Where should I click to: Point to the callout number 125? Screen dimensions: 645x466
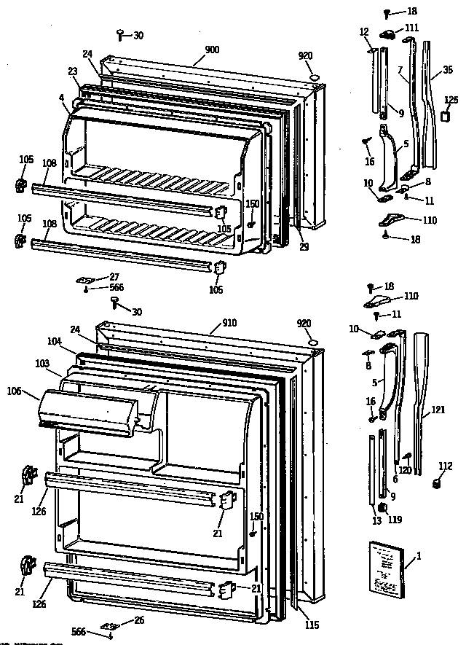pos(451,99)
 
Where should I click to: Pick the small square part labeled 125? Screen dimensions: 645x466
pos(446,117)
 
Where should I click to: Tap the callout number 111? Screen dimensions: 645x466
pos(412,28)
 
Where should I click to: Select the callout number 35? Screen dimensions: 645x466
pos(447,71)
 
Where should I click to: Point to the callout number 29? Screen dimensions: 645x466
pos(304,246)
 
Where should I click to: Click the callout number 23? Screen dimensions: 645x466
pos(73,71)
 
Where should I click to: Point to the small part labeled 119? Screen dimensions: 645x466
pos(381,508)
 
